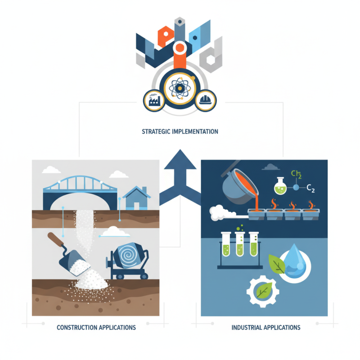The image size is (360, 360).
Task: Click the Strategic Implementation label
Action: click(180, 131)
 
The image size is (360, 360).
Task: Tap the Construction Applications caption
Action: click(96, 328)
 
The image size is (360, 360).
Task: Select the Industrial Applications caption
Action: click(266, 328)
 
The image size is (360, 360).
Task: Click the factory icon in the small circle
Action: click(154, 101)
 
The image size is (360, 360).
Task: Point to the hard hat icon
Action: click(205, 100)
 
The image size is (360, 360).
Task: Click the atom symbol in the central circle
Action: click(180, 88)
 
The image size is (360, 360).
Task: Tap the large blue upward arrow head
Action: click(180, 159)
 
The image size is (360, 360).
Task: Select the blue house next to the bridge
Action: click(136, 198)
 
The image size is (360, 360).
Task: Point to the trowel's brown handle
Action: click(55, 239)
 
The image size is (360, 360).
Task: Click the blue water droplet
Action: click(294, 261)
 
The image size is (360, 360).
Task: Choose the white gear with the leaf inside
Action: click(263, 292)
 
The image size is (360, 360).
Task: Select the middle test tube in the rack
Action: click(239, 244)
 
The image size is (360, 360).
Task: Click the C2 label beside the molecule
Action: click(310, 189)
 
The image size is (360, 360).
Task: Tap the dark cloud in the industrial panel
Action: click(271, 167)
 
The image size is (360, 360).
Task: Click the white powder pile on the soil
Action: click(91, 279)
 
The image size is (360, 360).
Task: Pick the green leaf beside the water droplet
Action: click(277, 264)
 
